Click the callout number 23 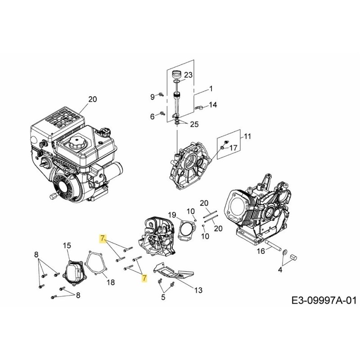188,75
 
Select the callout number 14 213,105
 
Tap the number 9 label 152,96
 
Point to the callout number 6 152,117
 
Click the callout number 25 193,124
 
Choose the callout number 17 233,147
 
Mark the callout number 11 248,136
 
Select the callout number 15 67,245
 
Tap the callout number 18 110,282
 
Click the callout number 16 261,251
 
